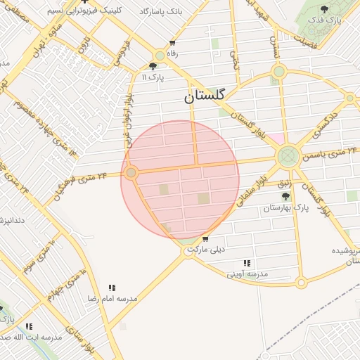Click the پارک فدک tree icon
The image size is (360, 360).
323,9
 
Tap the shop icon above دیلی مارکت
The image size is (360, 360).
205,240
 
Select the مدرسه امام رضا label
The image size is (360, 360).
112,299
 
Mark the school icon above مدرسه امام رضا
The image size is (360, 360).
112,287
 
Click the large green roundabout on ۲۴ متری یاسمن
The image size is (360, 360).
287,156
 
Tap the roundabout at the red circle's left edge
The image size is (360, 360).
131,172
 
